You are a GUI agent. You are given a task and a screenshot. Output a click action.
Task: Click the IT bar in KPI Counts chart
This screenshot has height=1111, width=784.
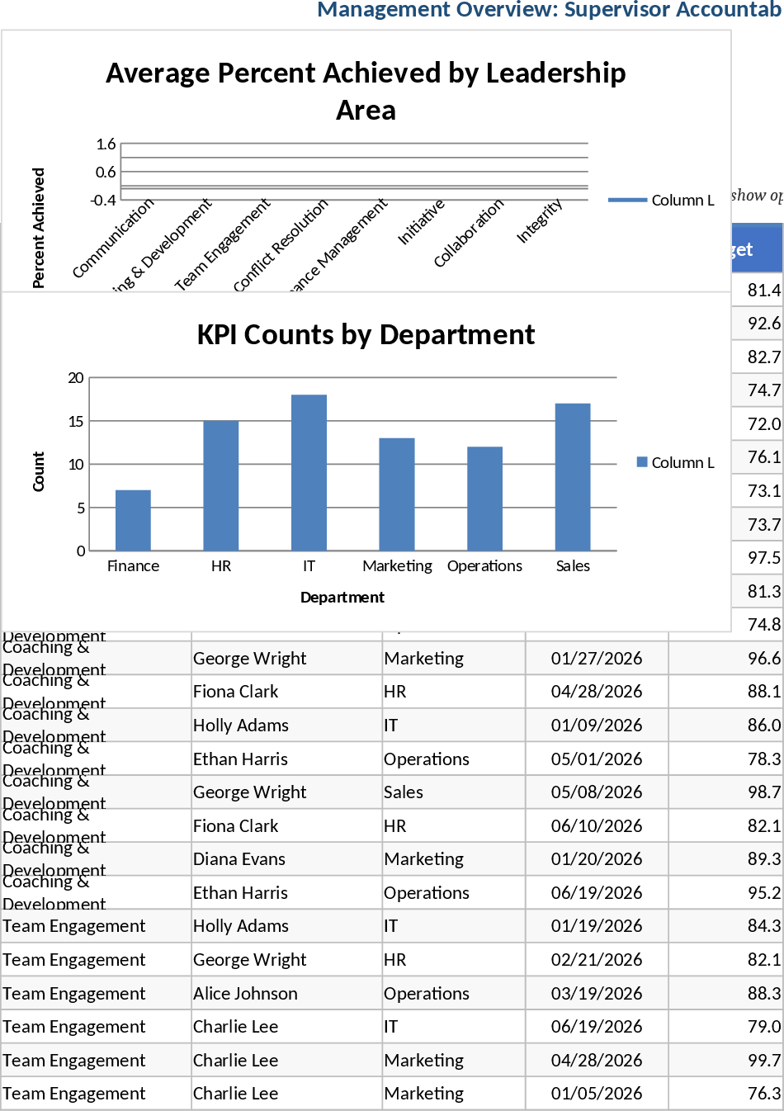pos(309,473)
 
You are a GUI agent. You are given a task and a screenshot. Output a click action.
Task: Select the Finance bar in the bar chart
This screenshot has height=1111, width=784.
pos(133,521)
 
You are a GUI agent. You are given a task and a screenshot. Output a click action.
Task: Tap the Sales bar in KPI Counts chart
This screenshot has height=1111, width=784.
pos(573,477)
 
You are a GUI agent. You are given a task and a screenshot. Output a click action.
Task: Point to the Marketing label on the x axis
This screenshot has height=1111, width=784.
pos(397,566)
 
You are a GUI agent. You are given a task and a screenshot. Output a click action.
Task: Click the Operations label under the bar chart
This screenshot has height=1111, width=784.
pos(484,566)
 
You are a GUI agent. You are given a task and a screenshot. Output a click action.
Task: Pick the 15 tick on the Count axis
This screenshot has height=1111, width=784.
pos(76,422)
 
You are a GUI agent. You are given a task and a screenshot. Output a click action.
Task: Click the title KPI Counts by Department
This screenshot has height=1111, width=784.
pos(366,334)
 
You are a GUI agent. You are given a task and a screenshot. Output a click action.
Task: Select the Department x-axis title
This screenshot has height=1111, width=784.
pos(342,598)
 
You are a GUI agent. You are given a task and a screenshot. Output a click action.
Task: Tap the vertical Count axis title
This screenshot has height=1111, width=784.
pos(39,471)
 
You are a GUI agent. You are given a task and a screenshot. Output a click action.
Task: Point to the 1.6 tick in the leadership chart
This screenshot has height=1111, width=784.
pos(106,144)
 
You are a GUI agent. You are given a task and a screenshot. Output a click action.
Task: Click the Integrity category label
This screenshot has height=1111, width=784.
pos(540,221)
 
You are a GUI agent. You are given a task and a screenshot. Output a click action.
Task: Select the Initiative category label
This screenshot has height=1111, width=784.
pos(422,222)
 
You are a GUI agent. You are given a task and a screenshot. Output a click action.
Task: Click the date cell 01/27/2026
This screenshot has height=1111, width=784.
pos(596,659)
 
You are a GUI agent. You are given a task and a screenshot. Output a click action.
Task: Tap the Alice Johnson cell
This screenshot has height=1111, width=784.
pos(245,994)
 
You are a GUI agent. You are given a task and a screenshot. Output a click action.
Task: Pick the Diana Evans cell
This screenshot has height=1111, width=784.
pos(239,859)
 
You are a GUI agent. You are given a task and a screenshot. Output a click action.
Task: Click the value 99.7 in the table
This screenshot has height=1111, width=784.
pos(763,1061)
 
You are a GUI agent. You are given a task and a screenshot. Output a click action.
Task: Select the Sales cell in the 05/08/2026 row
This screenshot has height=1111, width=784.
pos(404,792)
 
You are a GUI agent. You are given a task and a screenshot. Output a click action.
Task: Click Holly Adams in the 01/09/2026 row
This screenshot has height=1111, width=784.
pos(241,726)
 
